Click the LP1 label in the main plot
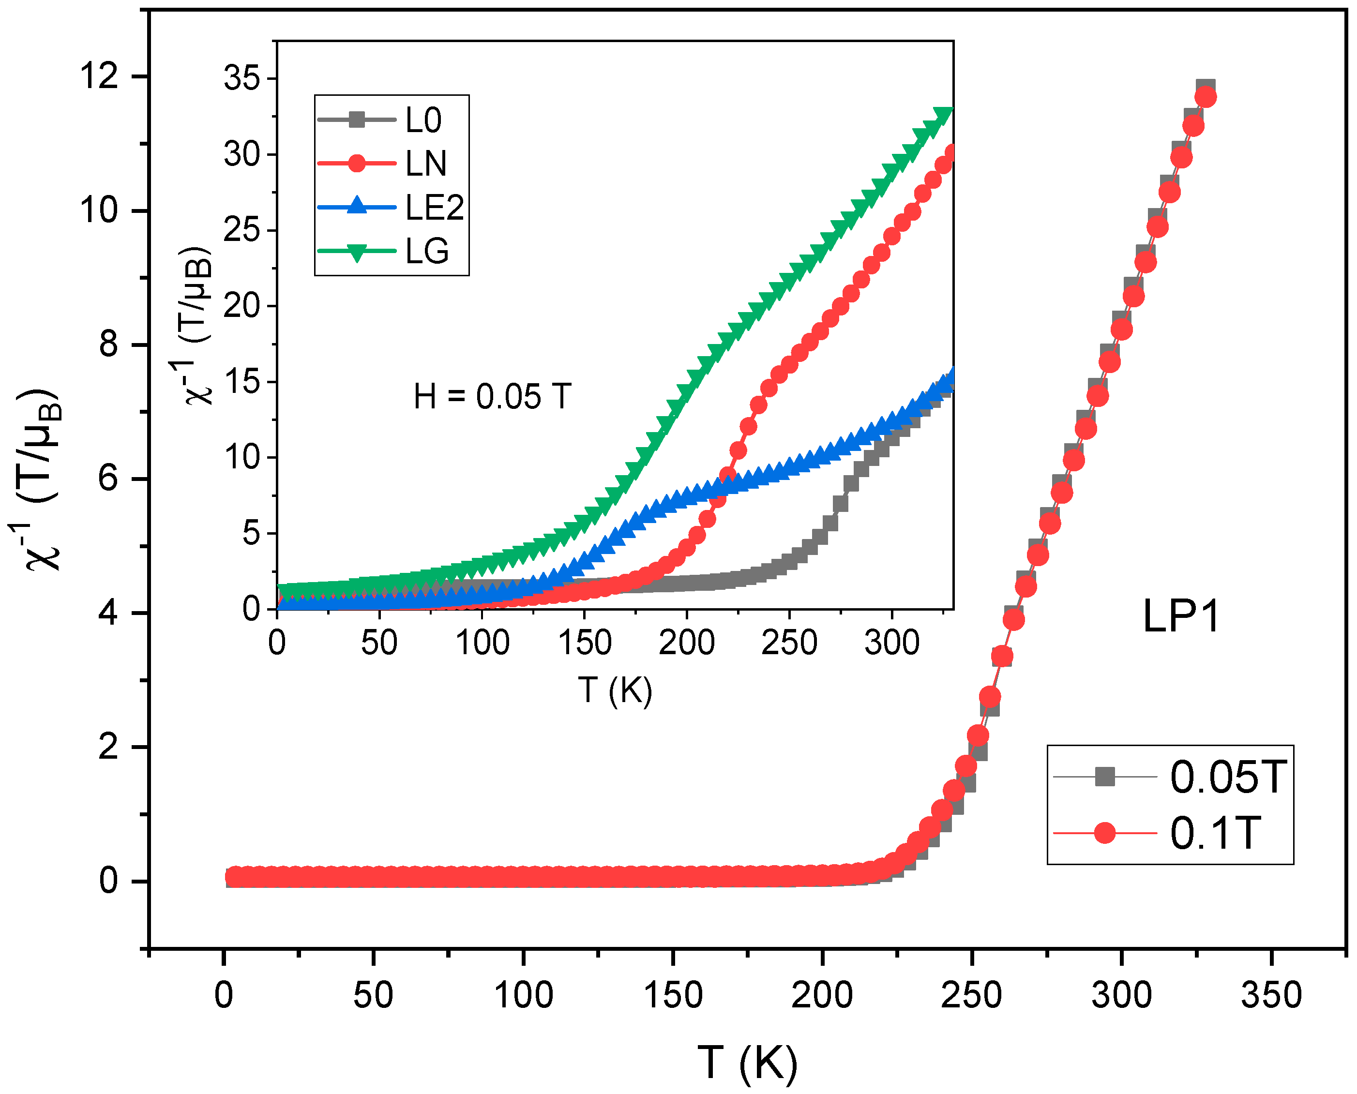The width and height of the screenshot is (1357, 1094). coord(1180,617)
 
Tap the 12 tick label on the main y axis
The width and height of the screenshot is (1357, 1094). coord(99,76)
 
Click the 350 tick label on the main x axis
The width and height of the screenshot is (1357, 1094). coord(1271,996)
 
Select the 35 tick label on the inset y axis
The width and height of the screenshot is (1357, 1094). coord(241,79)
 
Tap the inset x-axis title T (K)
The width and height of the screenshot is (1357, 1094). coord(615,690)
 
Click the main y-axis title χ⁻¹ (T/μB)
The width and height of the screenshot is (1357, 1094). coord(43,479)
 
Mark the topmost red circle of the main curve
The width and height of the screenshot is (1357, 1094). coord(1205,98)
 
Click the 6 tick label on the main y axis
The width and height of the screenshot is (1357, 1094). coord(108,479)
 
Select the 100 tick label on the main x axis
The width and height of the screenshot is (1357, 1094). coord(523,996)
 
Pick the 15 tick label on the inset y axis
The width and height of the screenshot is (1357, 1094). coord(241,382)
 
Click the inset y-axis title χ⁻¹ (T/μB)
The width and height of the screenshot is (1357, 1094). coord(197,325)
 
